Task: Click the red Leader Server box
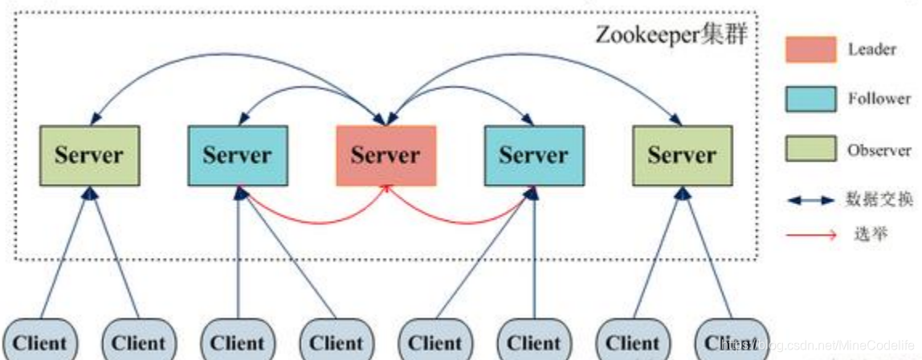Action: (386, 155)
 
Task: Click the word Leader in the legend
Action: (871, 50)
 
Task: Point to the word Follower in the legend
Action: (879, 99)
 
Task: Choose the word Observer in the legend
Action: (879, 150)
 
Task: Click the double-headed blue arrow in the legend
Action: (810, 201)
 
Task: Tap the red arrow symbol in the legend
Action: (810, 235)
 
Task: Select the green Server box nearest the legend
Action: (682, 155)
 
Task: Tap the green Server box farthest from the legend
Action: (89, 155)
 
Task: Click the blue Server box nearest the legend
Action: (533, 155)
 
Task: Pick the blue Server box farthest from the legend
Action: (237, 155)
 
